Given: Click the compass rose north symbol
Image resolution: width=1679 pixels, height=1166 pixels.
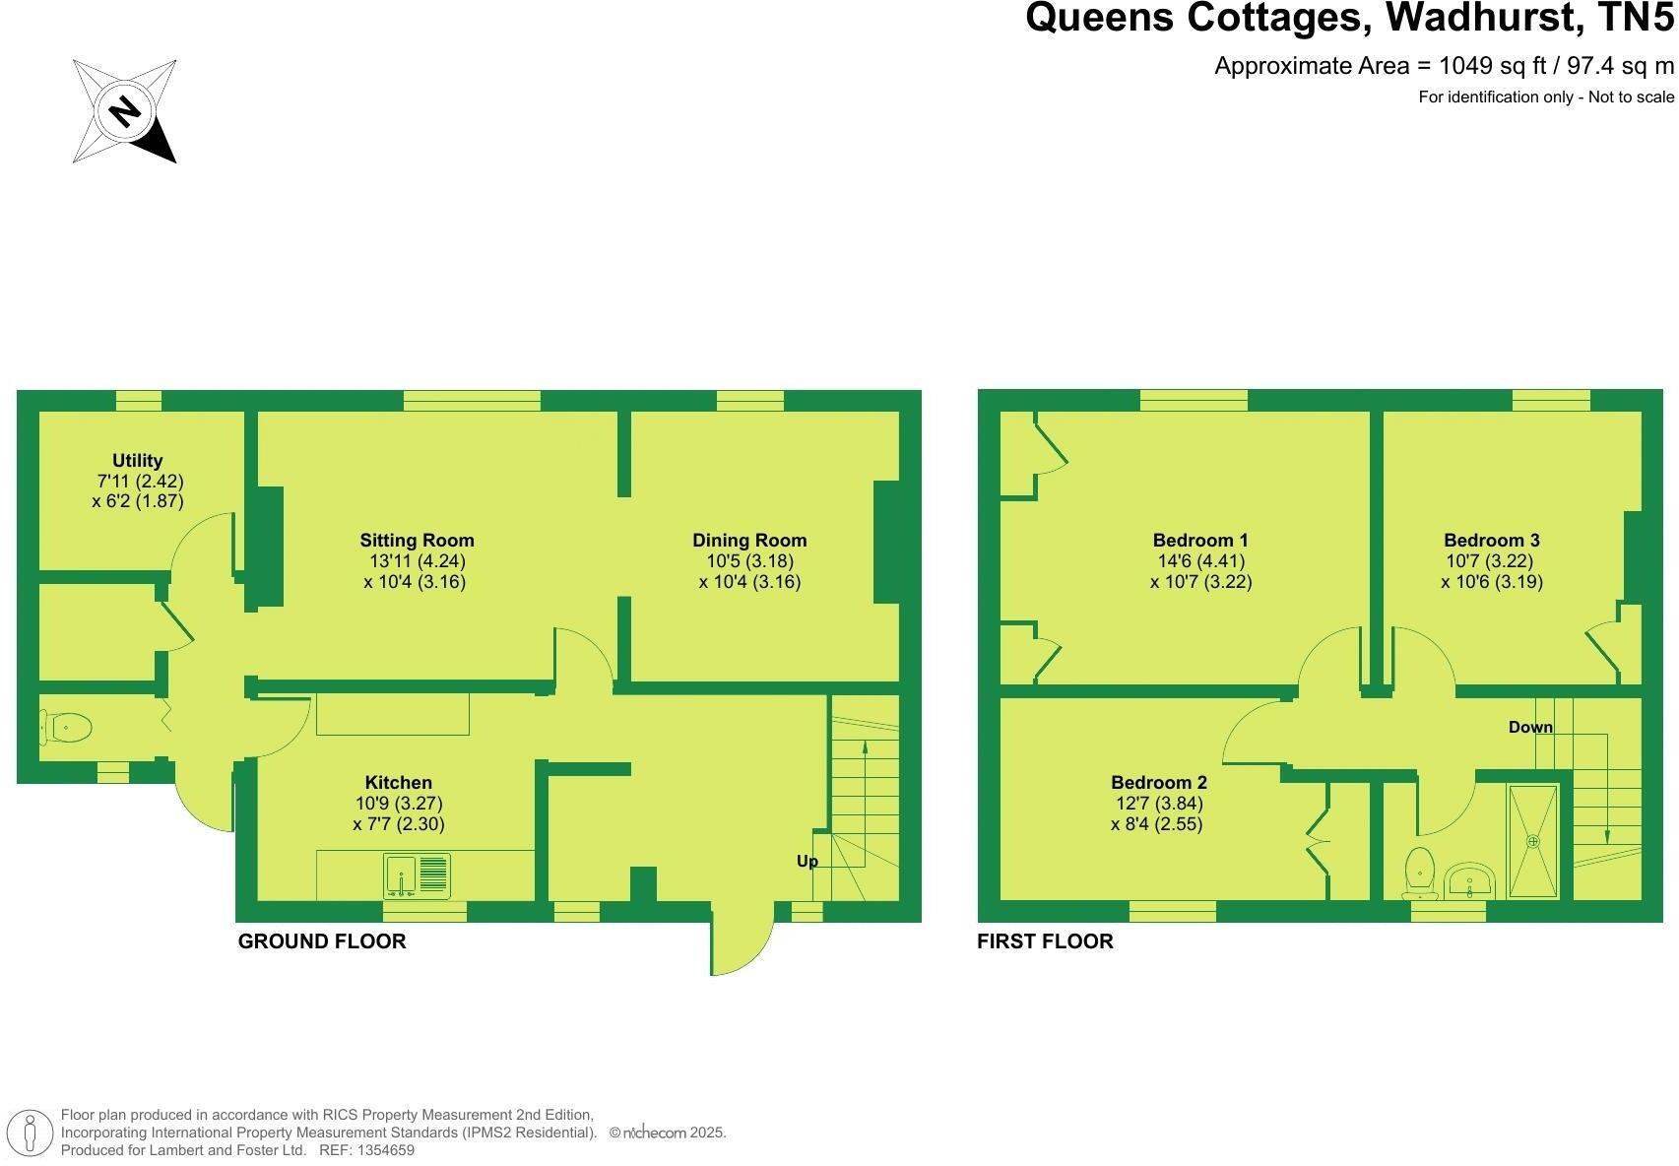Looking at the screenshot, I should [x=124, y=110].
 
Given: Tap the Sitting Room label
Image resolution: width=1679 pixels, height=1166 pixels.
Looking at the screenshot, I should [x=417, y=540].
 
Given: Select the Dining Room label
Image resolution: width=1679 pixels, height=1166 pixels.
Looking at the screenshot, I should [x=749, y=540].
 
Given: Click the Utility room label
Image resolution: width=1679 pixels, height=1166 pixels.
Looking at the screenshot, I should [x=138, y=460].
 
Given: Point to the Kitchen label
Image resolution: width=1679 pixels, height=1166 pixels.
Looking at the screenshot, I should [x=399, y=782].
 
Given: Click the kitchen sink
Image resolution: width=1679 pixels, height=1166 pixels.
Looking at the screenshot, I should [x=417, y=875].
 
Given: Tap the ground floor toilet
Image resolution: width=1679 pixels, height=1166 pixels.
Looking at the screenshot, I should [x=66, y=729].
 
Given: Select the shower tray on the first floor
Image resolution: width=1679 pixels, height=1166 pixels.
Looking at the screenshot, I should [x=1533, y=841].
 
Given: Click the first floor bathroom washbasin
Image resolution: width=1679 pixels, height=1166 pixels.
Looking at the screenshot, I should [x=1469, y=878].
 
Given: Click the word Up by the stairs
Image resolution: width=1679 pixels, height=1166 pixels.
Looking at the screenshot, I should [x=807, y=861].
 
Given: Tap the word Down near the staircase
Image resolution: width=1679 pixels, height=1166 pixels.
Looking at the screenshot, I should [x=1530, y=727].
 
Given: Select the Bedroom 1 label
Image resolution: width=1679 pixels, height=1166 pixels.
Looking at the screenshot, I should [x=1200, y=540].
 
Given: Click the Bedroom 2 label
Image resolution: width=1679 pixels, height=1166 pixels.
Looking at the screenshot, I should [x=1159, y=782].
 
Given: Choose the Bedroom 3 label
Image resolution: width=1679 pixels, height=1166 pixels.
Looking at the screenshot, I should [x=1491, y=540].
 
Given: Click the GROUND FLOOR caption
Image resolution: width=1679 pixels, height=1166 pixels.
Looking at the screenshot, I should [x=322, y=941].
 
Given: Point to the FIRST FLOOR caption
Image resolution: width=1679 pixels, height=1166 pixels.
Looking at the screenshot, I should [x=1045, y=941].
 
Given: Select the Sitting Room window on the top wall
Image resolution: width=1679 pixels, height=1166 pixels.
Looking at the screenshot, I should [x=472, y=400].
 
